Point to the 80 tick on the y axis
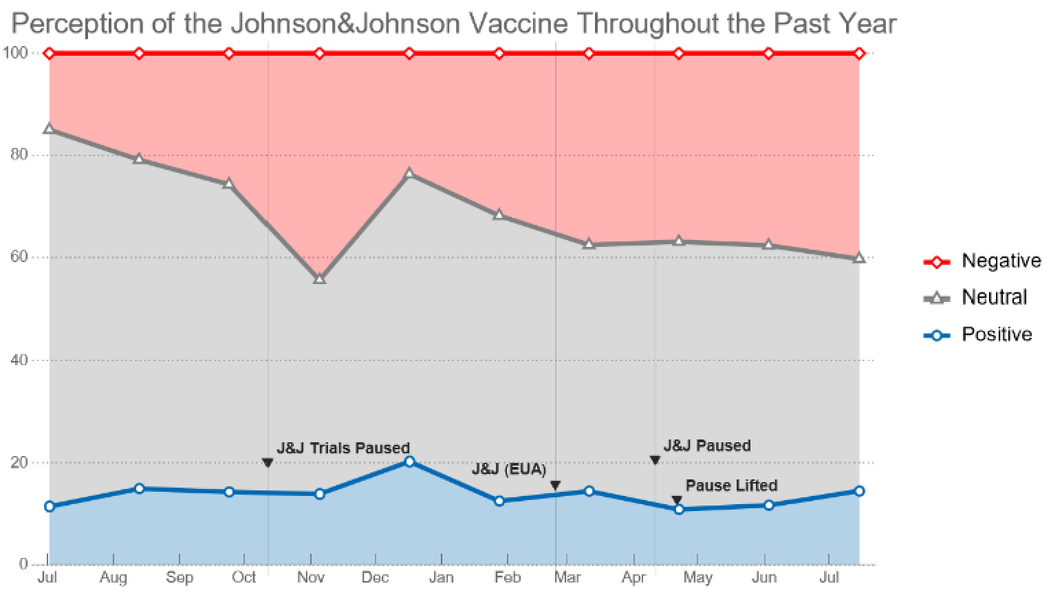pos(19,155)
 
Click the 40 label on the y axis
pos(19,360)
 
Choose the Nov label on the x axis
pos(310,577)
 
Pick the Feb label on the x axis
pos(508,577)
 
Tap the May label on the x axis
pos(697,577)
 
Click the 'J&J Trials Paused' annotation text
pos(343,448)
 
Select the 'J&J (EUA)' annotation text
pos(508,469)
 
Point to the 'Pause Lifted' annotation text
pos(731,486)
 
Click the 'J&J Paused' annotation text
pos(706,446)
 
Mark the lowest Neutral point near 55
pos(319,279)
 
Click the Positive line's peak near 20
pos(409,462)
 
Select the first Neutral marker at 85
pos(49,129)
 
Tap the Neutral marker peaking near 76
pos(409,173)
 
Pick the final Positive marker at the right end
pos(859,491)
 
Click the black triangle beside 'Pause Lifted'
pos(677,500)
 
